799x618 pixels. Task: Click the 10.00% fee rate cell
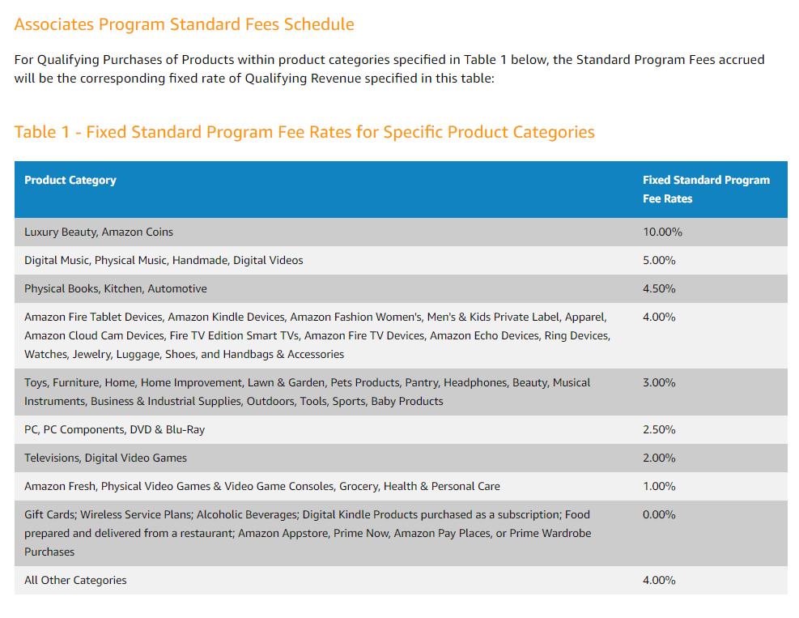662,232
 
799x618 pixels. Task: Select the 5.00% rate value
659,261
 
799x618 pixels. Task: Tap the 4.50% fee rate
659,289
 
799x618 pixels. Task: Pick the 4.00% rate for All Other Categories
659,581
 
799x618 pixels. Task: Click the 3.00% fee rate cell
659,382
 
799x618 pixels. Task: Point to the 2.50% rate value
659,430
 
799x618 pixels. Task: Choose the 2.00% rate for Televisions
659,458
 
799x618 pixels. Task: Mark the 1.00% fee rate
659,487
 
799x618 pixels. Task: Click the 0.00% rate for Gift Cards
659,515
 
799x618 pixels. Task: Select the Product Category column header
70,181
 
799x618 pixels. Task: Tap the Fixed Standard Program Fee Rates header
706,189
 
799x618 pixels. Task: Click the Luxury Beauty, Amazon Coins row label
99,232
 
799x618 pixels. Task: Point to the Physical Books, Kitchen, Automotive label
116,289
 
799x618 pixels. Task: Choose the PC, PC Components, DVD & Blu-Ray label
114,430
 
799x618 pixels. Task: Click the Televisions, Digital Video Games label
105,458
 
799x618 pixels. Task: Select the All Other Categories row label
75,581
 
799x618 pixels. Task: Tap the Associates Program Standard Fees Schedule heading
184,24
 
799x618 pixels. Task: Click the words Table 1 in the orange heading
42,132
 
